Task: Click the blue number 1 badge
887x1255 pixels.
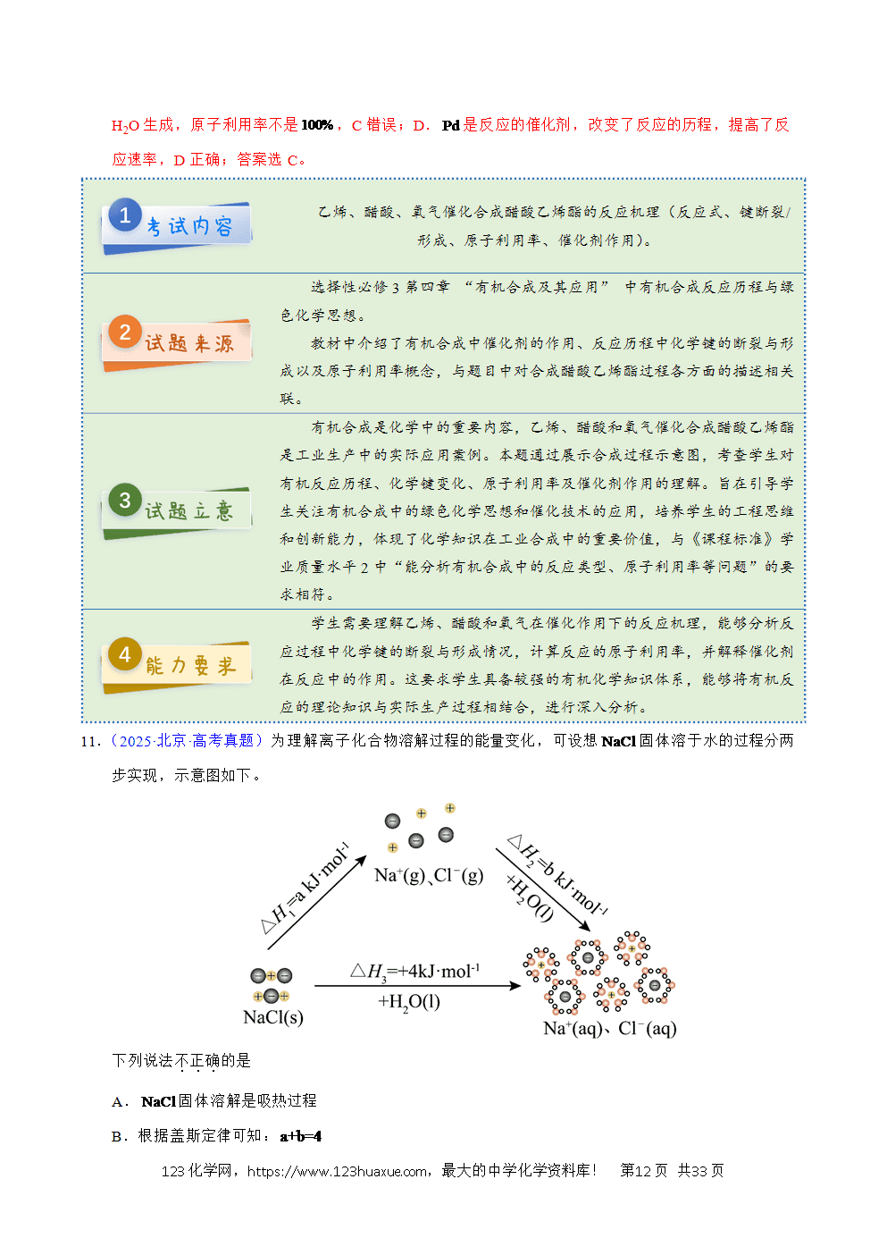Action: click(x=125, y=215)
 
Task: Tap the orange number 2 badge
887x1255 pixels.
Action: click(x=125, y=332)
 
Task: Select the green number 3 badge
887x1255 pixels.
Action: click(x=125, y=500)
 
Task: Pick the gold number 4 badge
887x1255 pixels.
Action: click(x=125, y=653)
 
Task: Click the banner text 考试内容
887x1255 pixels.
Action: click(x=190, y=226)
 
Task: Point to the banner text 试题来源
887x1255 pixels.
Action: click(x=190, y=343)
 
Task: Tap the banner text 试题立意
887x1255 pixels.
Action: click(x=189, y=511)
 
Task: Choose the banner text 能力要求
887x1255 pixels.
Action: click(x=190, y=666)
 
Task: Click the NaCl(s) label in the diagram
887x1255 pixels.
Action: click(x=273, y=1017)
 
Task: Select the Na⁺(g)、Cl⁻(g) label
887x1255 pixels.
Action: click(x=429, y=875)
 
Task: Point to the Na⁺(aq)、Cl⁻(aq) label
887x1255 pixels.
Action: click(x=610, y=1029)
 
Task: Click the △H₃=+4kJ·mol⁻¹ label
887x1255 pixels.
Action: click(x=414, y=971)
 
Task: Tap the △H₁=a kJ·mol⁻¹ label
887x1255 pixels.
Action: click(x=305, y=888)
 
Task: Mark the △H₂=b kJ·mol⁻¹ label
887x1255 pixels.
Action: click(x=558, y=876)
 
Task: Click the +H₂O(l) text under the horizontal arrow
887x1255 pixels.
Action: click(x=409, y=1002)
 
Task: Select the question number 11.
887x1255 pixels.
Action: click(x=91, y=742)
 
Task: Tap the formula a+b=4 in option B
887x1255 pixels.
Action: click(x=301, y=1135)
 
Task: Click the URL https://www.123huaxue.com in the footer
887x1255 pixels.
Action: click(x=338, y=1171)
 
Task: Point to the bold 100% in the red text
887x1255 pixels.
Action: click(x=317, y=125)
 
